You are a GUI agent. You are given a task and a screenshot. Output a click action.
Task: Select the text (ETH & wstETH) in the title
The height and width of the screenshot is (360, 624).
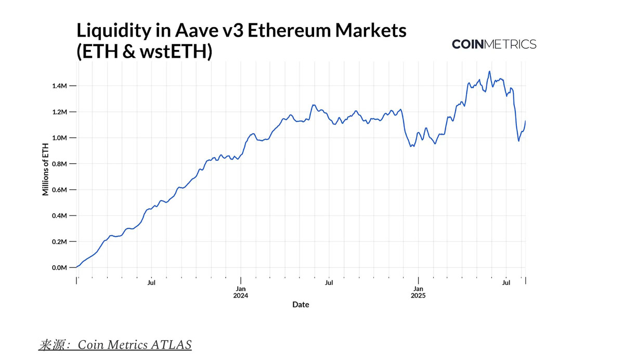pyautogui.click(x=144, y=53)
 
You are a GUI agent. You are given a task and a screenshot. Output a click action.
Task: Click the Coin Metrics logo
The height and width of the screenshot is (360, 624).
pyautogui.click(x=494, y=44)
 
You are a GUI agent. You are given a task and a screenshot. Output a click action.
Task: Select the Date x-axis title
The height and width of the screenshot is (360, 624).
pyautogui.click(x=301, y=304)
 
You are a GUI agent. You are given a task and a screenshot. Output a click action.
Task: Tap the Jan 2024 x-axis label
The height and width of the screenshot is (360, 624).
pyautogui.click(x=241, y=292)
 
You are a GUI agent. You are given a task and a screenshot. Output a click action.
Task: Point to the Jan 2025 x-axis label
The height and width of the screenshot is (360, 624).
pyautogui.click(x=418, y=292)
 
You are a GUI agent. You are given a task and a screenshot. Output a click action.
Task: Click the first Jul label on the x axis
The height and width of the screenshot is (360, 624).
pyautogui.click(x=151, y=284)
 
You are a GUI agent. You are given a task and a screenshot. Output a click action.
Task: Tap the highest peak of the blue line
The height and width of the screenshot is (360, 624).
pyautogui.click(x=490, y=71)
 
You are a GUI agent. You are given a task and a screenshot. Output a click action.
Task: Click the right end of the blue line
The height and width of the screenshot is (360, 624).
pyautogui.click(x=525, y=121)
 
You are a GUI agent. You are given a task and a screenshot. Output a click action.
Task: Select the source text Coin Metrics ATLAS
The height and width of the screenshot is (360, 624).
pyautogui.click(x=135, y=344)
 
